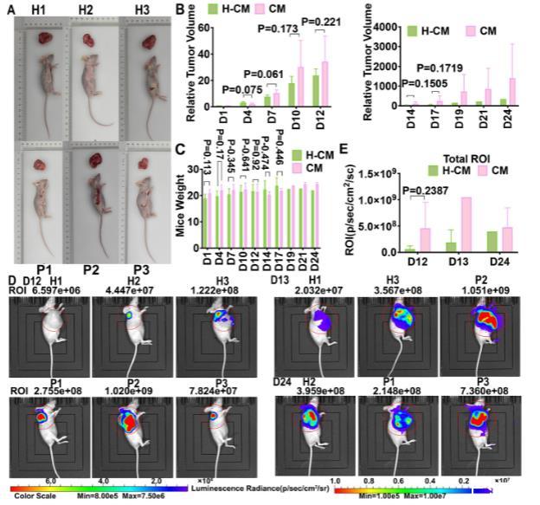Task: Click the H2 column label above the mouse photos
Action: [x=86, y=10]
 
